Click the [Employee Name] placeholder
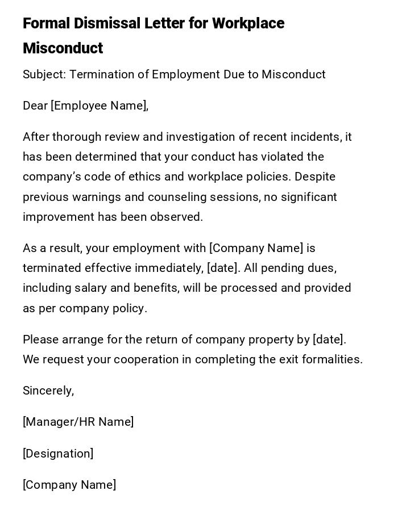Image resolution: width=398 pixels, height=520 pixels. [100, 106]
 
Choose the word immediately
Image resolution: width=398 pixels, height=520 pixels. [174, 268]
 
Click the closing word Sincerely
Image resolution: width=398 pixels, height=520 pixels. [48, 391]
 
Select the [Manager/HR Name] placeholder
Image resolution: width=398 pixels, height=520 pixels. [78, 422]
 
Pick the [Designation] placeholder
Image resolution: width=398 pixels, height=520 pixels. [58, 454]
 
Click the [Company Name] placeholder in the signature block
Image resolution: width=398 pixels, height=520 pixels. [69, 485]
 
